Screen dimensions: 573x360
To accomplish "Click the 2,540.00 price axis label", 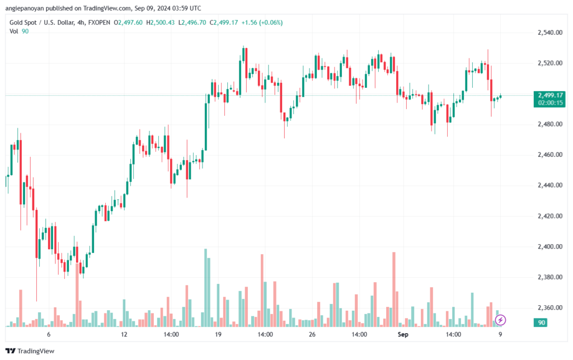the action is click(549, 32).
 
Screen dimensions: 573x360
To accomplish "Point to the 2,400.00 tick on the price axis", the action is click(549, 247).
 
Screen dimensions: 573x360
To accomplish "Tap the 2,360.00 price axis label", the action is click(549, 308).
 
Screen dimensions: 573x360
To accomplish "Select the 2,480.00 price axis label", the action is click(549, 124).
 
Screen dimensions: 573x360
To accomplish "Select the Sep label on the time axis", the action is click(403, 334).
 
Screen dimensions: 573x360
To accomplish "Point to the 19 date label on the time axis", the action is click(218, 334).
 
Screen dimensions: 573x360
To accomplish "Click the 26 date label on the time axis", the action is click(312, 334).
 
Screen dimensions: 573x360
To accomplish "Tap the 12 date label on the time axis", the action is click(124, 334).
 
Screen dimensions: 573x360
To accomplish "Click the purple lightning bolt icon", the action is click(500, 320).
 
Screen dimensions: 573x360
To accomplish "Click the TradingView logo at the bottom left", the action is click(30, 351).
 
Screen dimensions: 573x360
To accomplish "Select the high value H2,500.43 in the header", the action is click(161, 22).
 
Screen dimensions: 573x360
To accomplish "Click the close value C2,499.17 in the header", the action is click(224, 22).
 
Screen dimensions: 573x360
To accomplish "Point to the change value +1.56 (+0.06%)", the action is click(262, 22).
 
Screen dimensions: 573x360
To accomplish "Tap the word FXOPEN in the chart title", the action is click(99, 22).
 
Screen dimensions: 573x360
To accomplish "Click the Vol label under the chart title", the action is click(13, 31).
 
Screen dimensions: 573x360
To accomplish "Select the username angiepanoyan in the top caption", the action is click(25, 8).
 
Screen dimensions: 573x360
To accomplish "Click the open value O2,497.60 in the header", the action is click(128, 22).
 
